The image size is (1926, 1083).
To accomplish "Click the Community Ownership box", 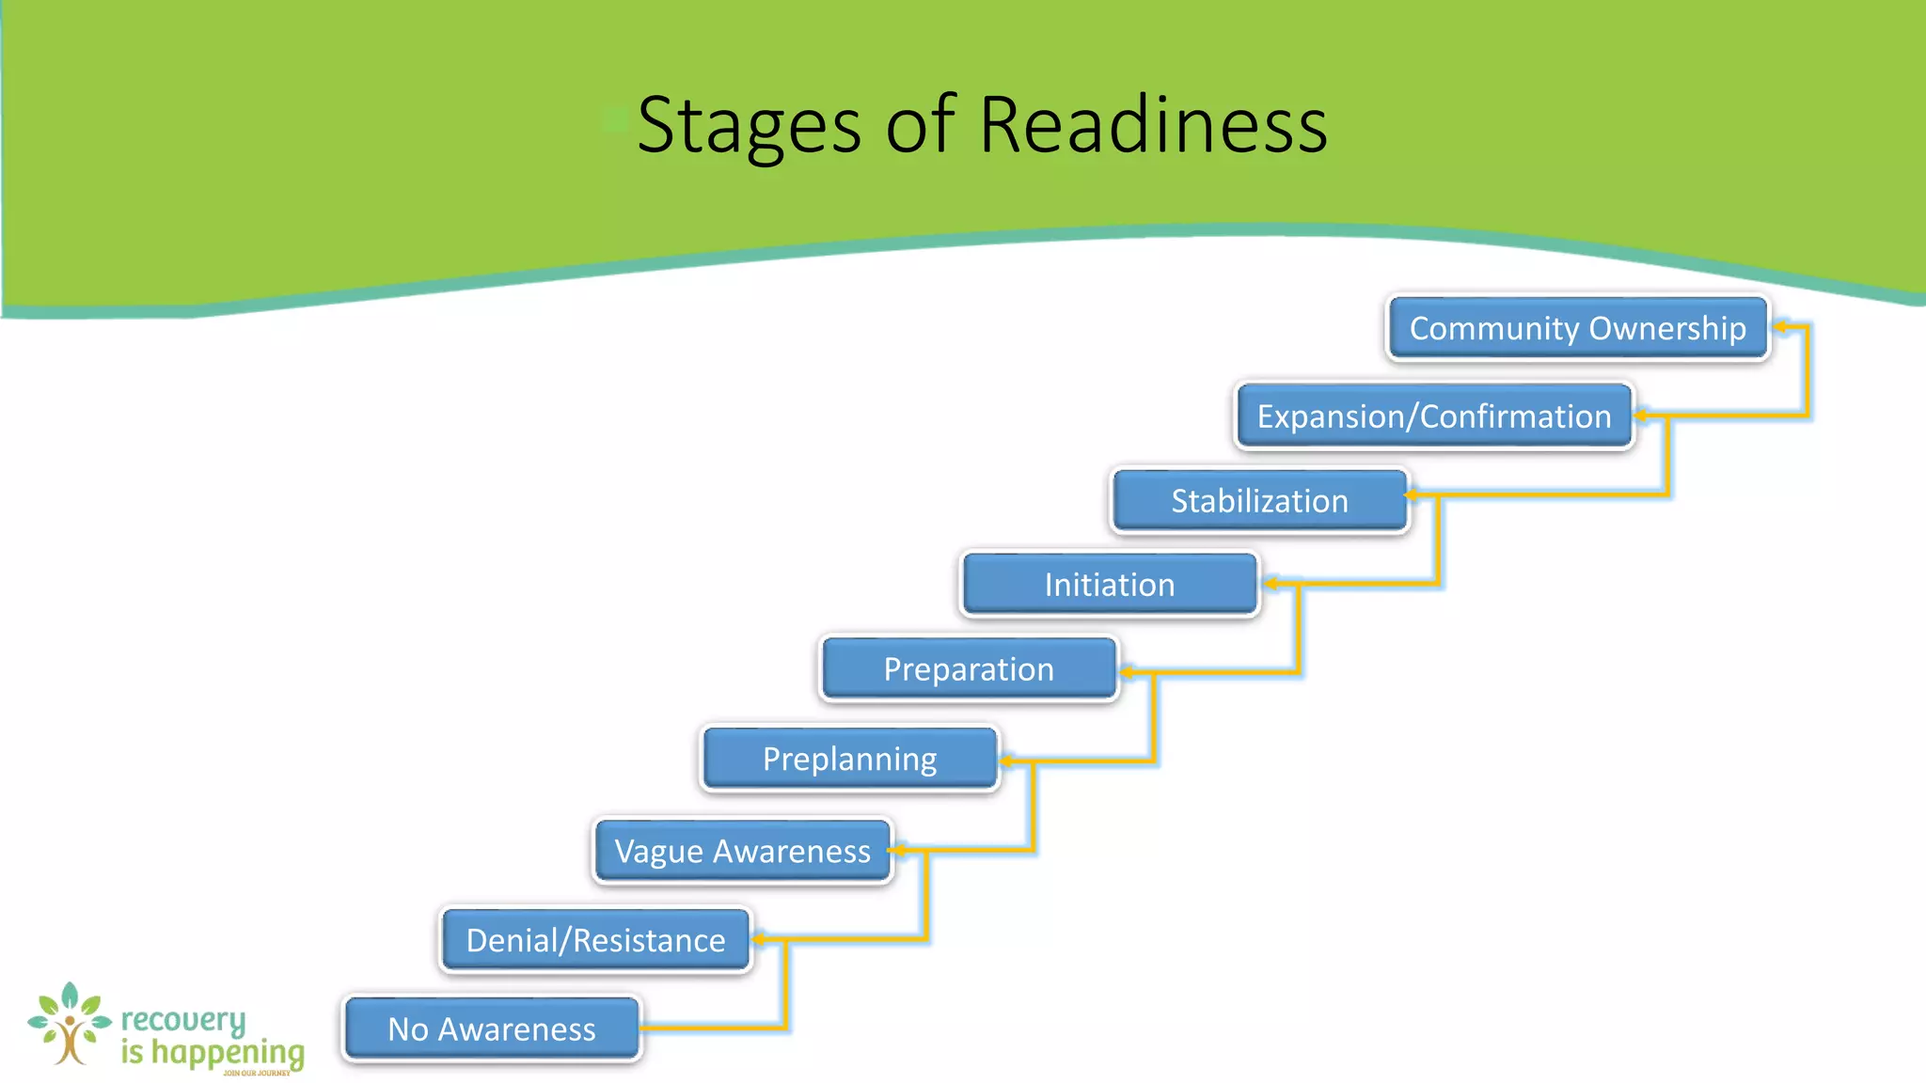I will pyautogui.click(x=1577, y=328).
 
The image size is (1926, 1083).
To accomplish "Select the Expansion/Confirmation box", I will pyautogui.click(x=1433, y=416).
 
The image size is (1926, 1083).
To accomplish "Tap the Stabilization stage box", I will pyautogui.click(x=1259, y=500).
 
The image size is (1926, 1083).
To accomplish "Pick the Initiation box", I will pyautogui.click(x=1109, y=584).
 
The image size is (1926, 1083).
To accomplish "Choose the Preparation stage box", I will pyautogui.click(x=969, y=668).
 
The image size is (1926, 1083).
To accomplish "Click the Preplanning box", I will pyautogui.click(x=849, y=758).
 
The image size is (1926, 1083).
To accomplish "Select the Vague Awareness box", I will pyautogui.click(x=742, y=850).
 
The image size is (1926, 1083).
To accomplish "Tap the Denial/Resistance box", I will pyautogui.click(x=595, y=939).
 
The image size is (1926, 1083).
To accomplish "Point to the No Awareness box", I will pyautogui.click(x=491, y=1028).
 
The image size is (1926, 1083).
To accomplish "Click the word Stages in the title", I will pyautogui.click(x=749, y=125).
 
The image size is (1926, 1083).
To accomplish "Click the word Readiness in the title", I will pyautogui.click(x=1153, y=125).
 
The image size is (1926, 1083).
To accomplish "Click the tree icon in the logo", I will pyautogui.click(x=69, y=1025).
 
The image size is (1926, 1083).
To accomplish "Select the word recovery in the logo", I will pyautogui.click(x=183, y=1020).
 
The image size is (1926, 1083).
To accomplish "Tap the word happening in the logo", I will pyautogui.click(x=228, y=1053).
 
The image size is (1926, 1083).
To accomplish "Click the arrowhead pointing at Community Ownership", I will pyautogui.click(x=1780, y=327).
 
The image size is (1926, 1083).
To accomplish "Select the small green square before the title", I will pyautogui.click(x=615, y=120).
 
